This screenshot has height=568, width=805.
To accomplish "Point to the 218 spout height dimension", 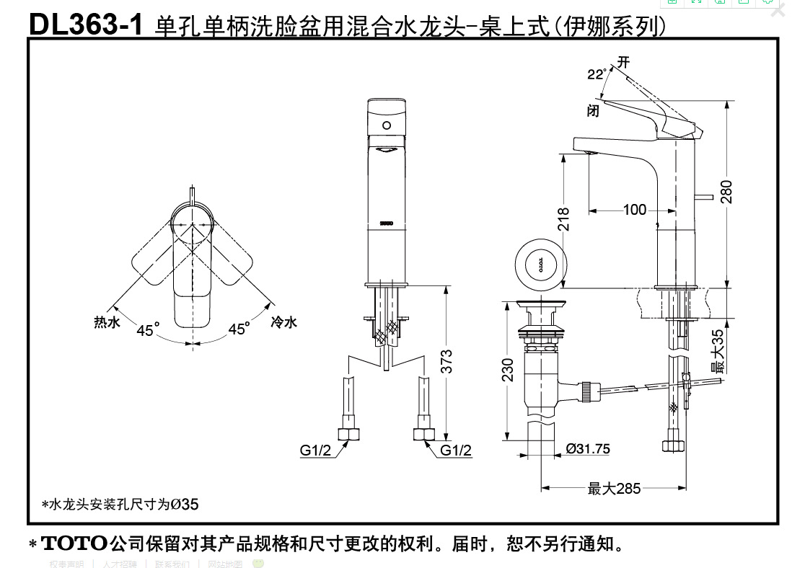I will (x=564, y=219).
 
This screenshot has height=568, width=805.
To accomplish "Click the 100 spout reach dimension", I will (x=635, y=210).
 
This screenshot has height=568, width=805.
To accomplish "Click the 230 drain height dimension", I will (x=508, y=370).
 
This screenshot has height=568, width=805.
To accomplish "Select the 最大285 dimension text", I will (x=614, y=489).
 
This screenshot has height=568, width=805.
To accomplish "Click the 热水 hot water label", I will (x=107, y=322).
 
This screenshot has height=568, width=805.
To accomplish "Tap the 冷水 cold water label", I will (x=283, y=322).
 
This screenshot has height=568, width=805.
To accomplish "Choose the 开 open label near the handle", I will (x=623, y=62).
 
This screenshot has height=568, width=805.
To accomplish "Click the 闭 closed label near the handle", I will (x=593, y=110).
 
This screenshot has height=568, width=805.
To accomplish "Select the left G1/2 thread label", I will (x=315, y=451).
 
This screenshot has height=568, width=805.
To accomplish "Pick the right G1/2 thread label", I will (x=456, y=451).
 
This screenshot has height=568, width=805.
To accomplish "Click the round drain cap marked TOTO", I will (x=537, y=263).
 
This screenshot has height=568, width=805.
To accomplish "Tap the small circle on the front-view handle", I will (x=387, y=125).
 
